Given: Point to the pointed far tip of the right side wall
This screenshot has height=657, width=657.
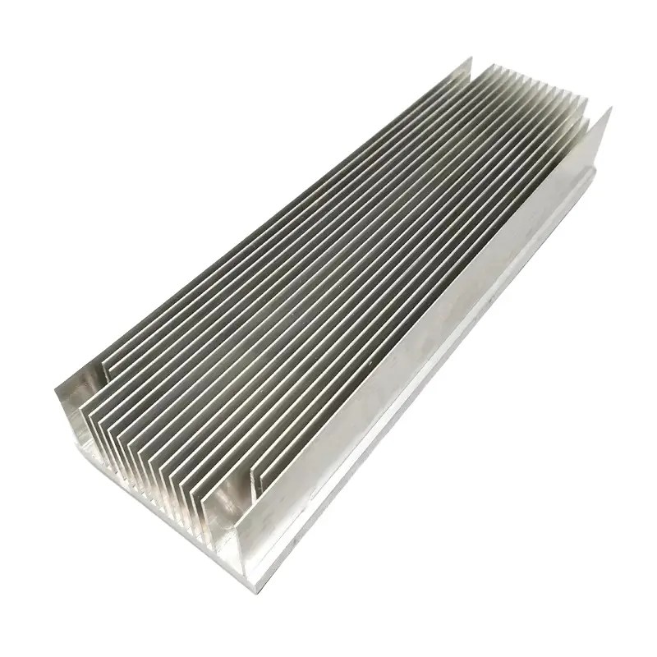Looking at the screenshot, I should point(609,108).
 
